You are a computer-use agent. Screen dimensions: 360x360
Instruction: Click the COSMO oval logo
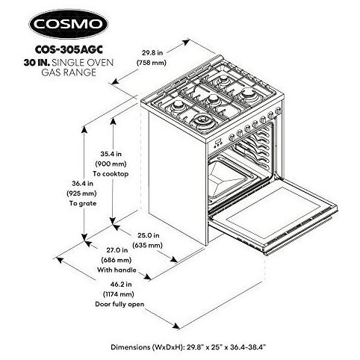[69, 24]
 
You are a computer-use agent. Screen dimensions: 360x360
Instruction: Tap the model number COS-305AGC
[69, 49]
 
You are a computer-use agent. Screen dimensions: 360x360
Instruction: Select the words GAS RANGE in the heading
[69, 72]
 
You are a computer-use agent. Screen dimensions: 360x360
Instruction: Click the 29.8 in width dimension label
[152, 53]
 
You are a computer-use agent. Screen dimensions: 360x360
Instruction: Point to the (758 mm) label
[152, 63]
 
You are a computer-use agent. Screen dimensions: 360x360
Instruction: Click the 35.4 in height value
[111, 154]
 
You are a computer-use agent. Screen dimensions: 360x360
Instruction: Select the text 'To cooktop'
[111, 174]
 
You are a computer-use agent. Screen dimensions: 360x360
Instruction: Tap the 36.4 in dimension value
[83, 184]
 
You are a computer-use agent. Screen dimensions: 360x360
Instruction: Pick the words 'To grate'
[83, 203]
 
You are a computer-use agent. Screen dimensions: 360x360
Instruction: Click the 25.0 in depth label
[149, 235]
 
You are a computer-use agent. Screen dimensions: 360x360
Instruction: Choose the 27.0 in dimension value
[117, 250]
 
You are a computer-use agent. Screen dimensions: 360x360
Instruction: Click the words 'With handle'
[117, 270]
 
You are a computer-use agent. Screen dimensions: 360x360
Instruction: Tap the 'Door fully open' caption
[120, 304]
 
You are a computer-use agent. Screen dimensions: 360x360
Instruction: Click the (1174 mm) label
[119, 294]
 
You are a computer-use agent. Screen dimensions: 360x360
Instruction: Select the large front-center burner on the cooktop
[202, 122]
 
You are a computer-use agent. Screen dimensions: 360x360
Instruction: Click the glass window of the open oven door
[273, 213]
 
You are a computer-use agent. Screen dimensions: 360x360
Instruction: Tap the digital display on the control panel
[217, 143]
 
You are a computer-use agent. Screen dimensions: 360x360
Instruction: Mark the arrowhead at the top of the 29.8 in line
[186, 42]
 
